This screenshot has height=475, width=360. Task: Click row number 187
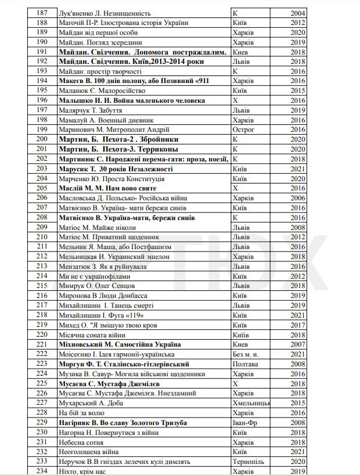tap(41, 13)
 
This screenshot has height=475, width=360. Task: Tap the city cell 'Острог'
tap(243, 129)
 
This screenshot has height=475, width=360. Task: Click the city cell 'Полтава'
tap(245, 364)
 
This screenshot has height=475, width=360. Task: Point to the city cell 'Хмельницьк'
tap(251, 403)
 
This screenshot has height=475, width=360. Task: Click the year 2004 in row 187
tap(298, 13)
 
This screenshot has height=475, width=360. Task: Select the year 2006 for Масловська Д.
tap(298, 198)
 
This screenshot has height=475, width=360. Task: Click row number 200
tap(41, 139)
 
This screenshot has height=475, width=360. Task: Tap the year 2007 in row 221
tap(298, 344)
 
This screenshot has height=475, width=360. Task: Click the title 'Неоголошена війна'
tap(88, 452)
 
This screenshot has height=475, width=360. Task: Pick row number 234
tap(41, 471)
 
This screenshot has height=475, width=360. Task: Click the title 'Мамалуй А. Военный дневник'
tap(105, 120)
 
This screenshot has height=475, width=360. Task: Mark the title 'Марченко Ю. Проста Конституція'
tap(111, 178)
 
